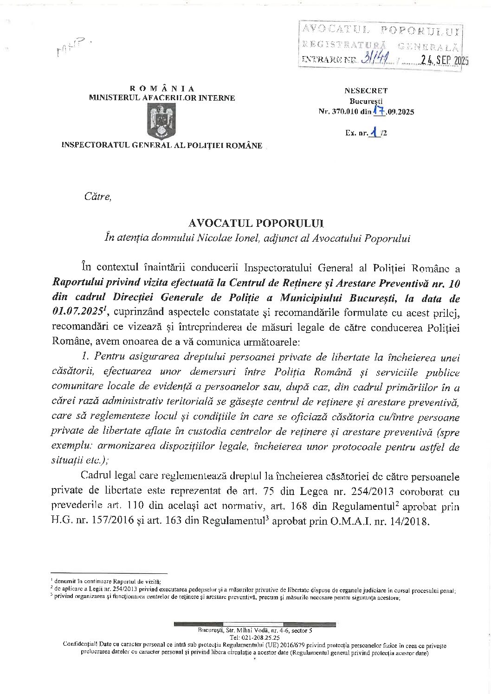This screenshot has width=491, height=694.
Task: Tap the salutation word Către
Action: [x=97, y=197]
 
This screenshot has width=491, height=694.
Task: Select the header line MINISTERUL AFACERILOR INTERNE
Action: [x=162, y=97]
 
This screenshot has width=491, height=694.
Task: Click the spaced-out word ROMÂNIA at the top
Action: [x=162, y=88]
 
